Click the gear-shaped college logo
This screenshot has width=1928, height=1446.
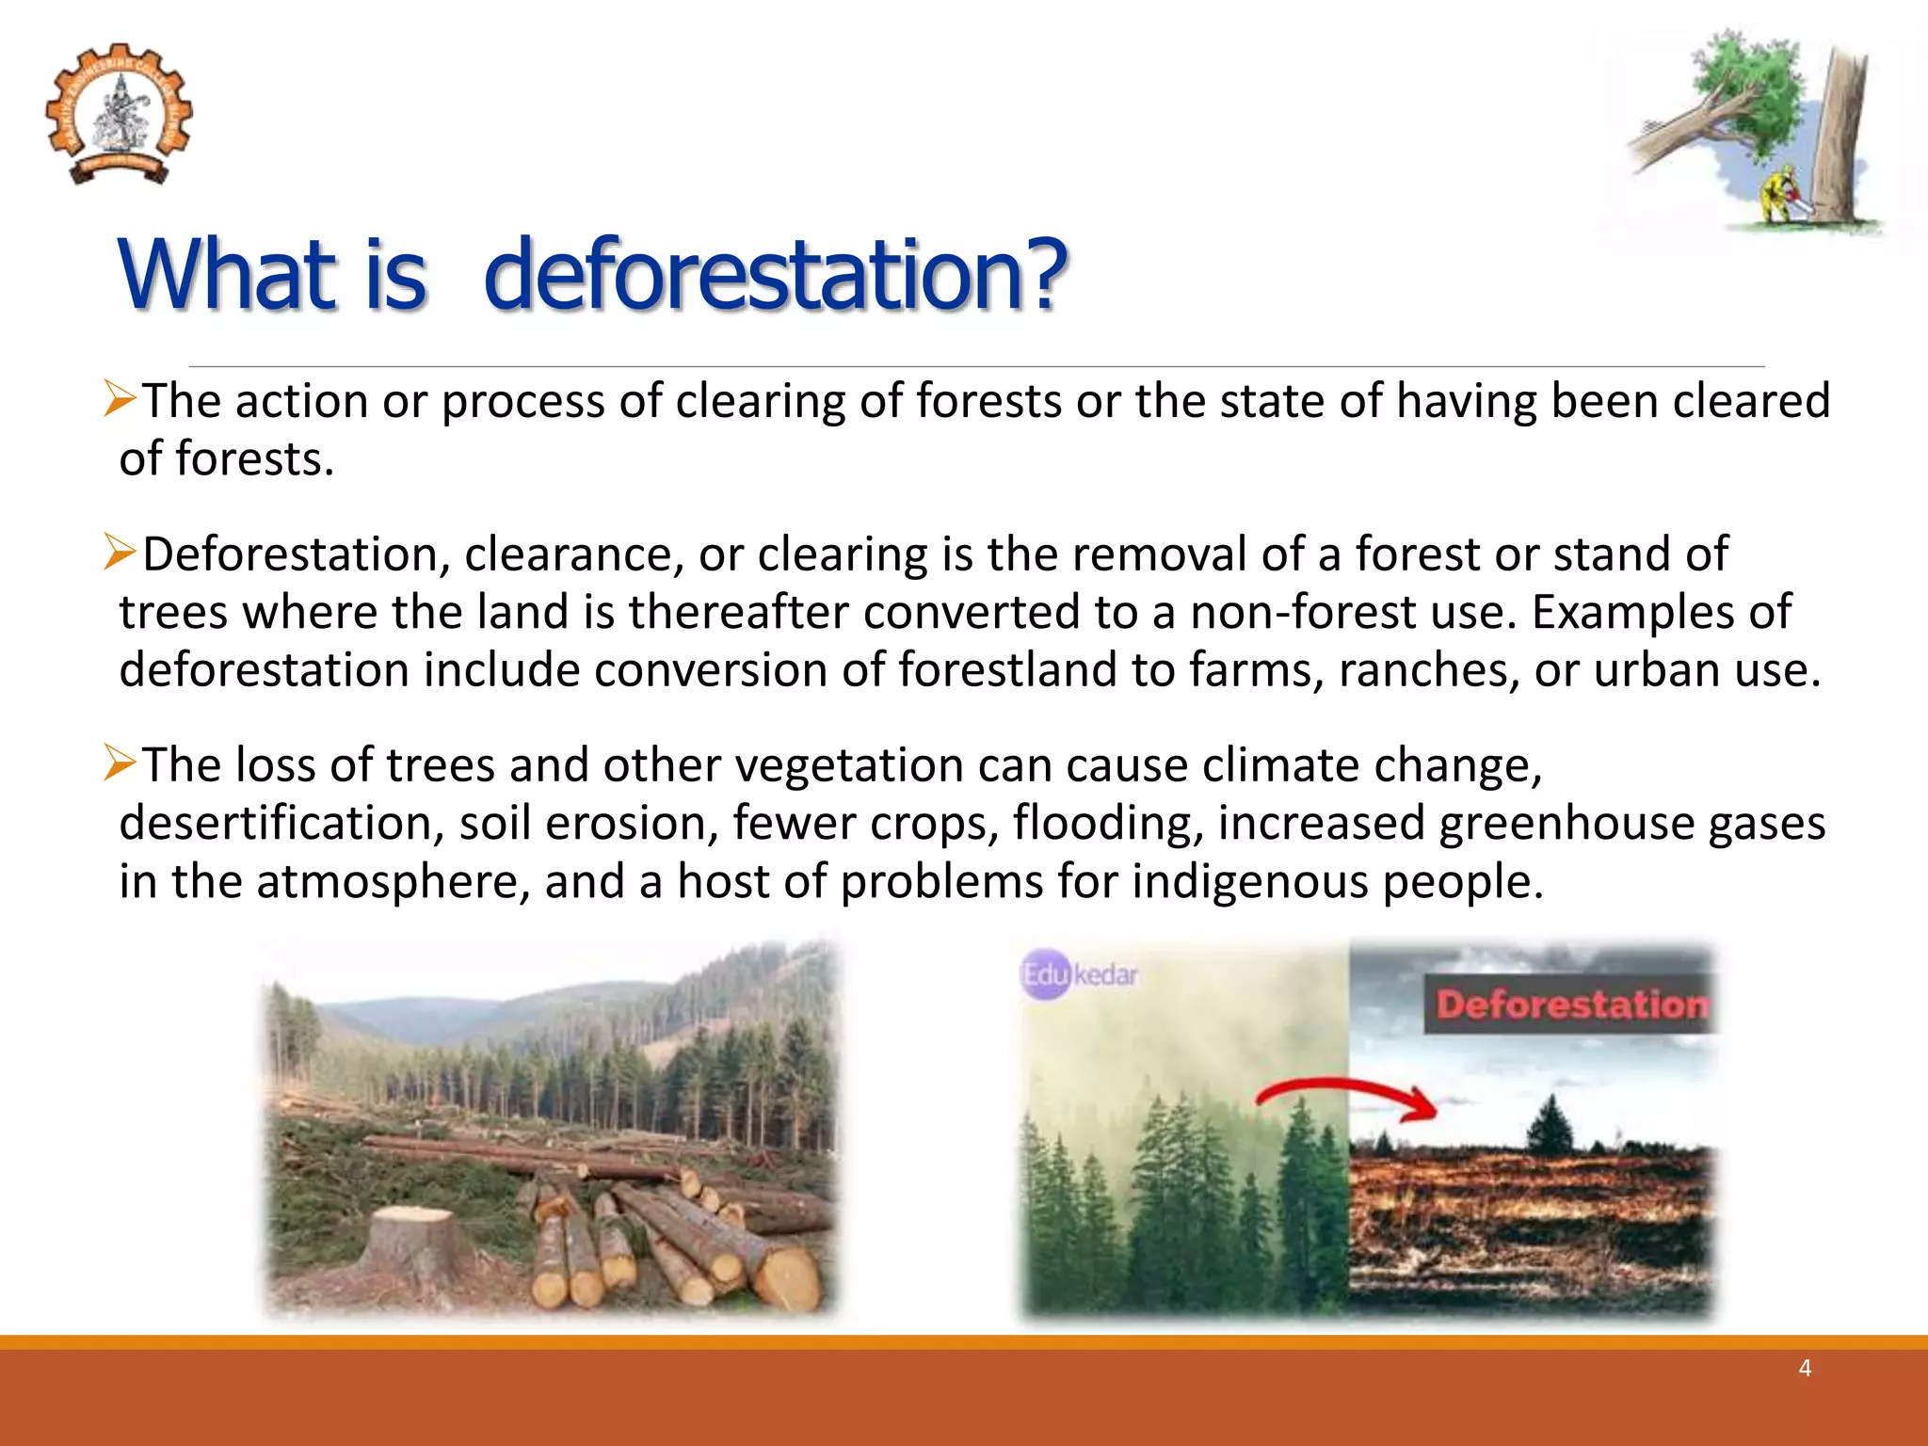tap(119, 113)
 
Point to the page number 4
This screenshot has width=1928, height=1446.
tap(1804, 1368)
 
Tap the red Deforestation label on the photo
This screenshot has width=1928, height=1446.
tap(1570, 1004)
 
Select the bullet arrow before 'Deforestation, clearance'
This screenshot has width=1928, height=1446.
tap(120, 552)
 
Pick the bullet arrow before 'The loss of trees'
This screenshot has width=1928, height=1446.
tap(120, 763)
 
